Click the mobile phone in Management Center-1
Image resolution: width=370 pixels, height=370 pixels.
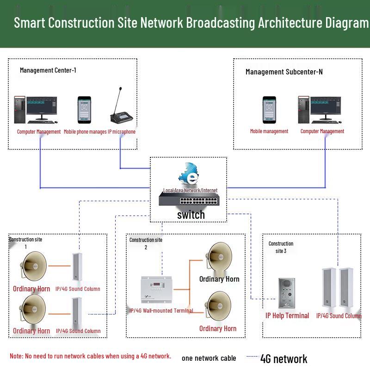click(84, 110)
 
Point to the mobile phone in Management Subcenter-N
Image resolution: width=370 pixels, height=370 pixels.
click(269, 110)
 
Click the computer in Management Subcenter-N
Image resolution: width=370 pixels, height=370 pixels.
click(319, 110)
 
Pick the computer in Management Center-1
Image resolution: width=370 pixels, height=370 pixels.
click(36, 110)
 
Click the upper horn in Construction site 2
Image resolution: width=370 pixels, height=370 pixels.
click(218, 257)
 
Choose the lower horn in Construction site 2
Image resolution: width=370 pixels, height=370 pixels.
click(218, 307)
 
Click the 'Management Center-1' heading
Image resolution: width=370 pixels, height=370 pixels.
click(48, 70)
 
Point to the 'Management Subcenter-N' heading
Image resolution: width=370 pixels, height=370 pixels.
click(284, 72)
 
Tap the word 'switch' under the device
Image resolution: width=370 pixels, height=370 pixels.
click(191, 215)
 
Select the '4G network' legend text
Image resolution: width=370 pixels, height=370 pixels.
click(284, 358)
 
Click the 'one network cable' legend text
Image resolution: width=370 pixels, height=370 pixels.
click(209, 358)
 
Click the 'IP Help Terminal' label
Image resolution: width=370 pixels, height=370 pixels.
click(287, 315)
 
